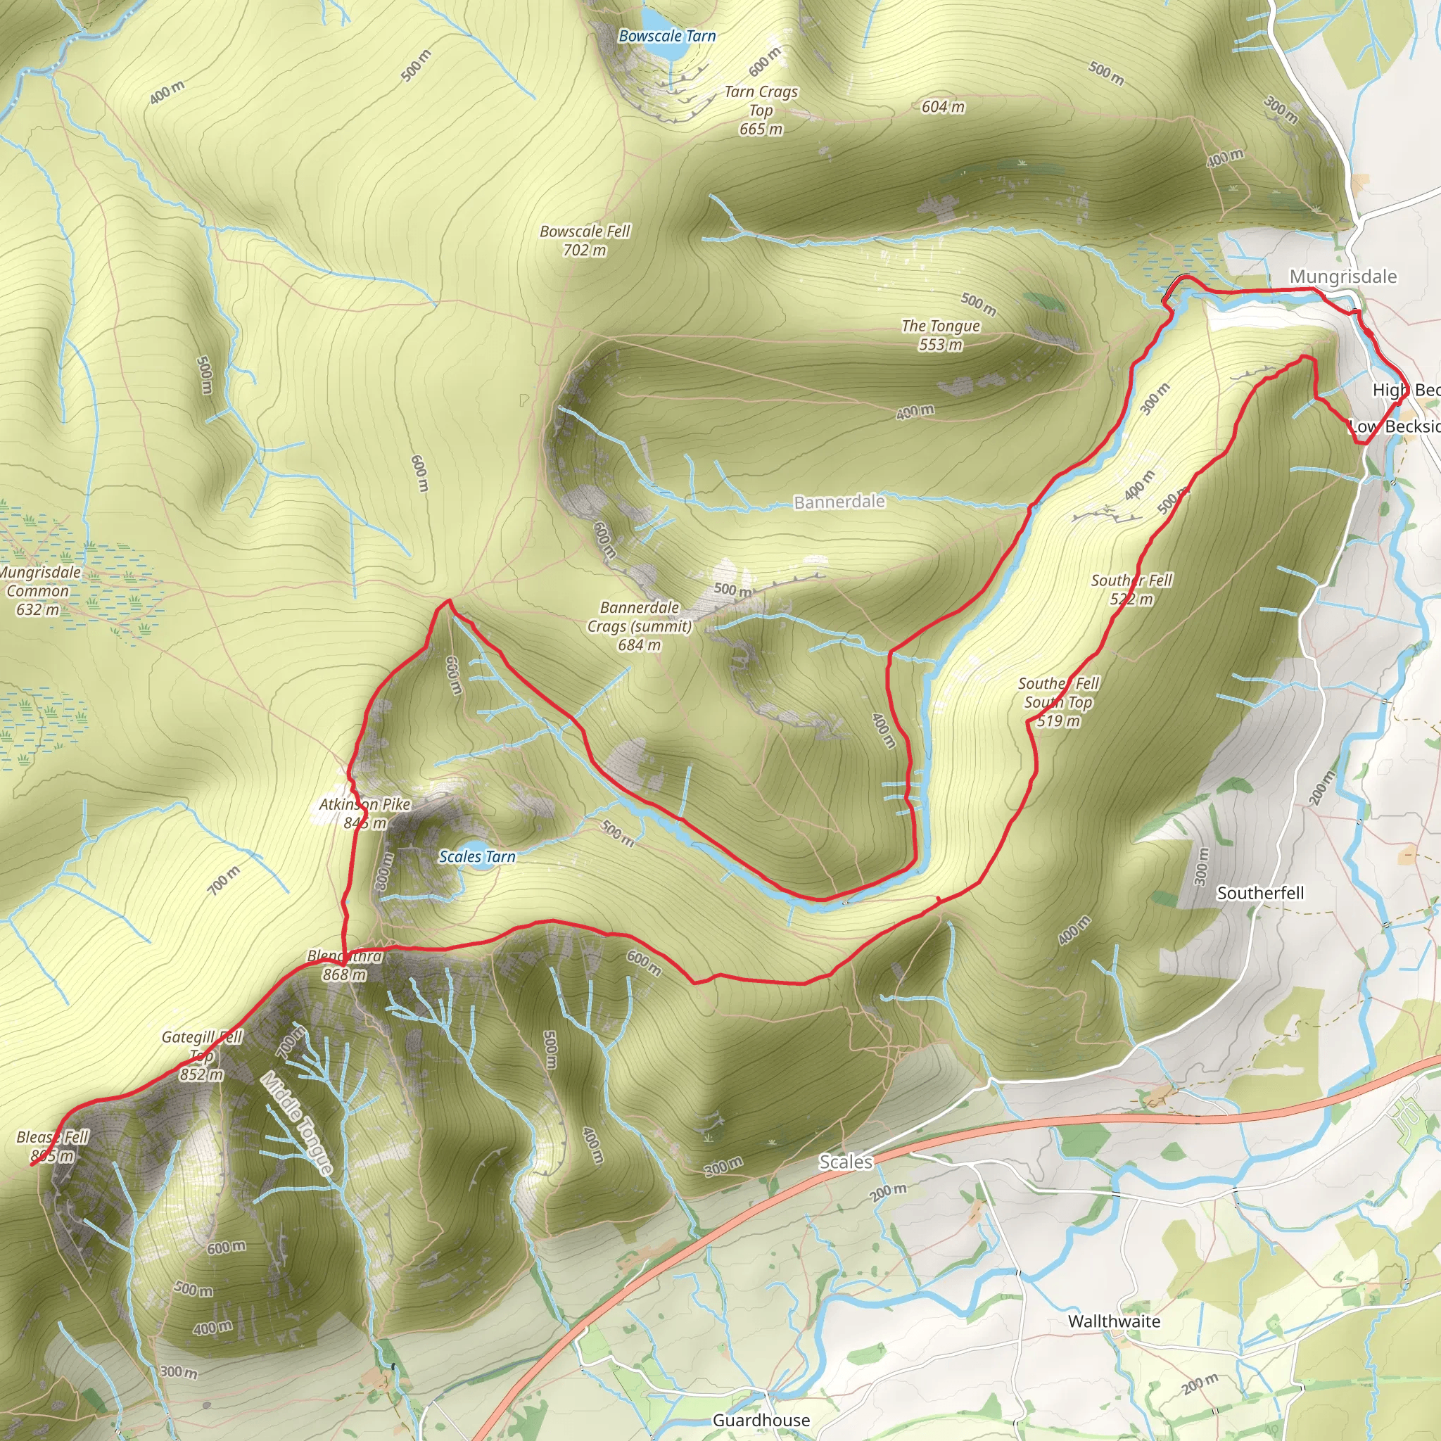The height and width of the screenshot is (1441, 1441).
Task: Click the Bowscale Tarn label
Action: click(x=667, y=36)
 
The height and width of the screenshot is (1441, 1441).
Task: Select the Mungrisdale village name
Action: click(x=1342, y=277)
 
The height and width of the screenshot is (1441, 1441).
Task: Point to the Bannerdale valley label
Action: click(x=839, y=502)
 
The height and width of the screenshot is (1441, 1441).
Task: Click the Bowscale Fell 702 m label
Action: click(x=585, y=241)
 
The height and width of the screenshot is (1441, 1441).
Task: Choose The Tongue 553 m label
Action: click(x=940, y=335)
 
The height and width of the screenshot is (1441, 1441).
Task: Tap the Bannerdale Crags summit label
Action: click(x=639, y=626)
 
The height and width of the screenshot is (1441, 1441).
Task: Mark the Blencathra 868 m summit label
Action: click(x=345, y=965)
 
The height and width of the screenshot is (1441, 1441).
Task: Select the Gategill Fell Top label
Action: click(x=202, y=1055)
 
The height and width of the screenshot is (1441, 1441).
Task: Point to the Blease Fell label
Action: click(x=52, y=1146)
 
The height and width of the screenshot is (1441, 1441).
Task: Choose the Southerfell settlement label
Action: click(x=1259, y=893)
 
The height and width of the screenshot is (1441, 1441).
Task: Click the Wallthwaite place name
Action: click(x=1114, y=1321)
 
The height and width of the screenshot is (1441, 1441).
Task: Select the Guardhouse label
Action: click(x=761, y=1420)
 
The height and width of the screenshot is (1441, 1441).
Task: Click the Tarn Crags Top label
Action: click(x=761, y=110)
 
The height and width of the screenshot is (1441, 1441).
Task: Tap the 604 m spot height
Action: click(x=943, y=108)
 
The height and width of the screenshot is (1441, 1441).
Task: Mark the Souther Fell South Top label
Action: click(x=1058, y=702)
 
